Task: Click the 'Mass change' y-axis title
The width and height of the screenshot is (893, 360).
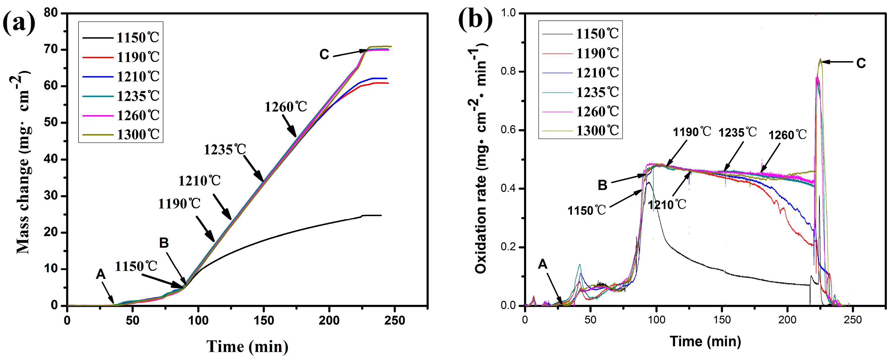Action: (x=23, y=163)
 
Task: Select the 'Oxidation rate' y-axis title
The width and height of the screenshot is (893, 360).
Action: (x=481, y=160)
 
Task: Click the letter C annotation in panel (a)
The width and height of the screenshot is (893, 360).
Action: (x=324, y=55)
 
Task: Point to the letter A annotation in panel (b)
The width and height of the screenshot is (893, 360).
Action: (x=542, y=265)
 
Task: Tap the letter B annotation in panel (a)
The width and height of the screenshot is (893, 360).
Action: (x=164, y=243)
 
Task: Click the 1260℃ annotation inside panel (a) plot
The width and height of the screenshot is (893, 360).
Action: (x=286, y=107)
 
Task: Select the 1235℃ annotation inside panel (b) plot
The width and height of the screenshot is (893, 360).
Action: (x=737, y=132)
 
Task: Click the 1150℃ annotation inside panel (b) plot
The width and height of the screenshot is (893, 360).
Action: (x=587, y=210)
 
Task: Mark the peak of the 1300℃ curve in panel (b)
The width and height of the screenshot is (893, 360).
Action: (x=820, y=59)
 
